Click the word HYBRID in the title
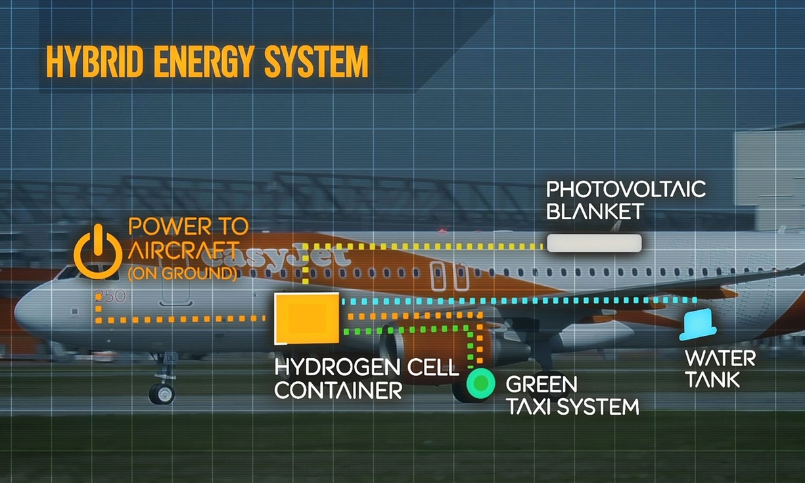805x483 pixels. [95, 62]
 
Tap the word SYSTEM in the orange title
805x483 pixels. [317, 62]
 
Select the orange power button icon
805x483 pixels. [98, 252]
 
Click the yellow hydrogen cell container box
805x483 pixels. [306, 319]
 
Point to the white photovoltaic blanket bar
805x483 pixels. [594, 243]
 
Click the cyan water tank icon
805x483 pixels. [698, 325]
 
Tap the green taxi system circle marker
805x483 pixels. [480, 384]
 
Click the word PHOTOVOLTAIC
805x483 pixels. [626, 189]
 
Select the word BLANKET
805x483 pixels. [595, 212]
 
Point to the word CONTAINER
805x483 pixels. [338, 390]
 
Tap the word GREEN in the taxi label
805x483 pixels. [541, 384]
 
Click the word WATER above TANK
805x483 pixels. [720, 358]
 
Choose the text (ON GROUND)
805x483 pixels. [183, 274]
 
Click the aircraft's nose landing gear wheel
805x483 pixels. [162, 394]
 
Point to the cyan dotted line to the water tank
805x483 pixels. [519, 301]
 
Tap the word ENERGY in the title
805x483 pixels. [204, 62]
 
